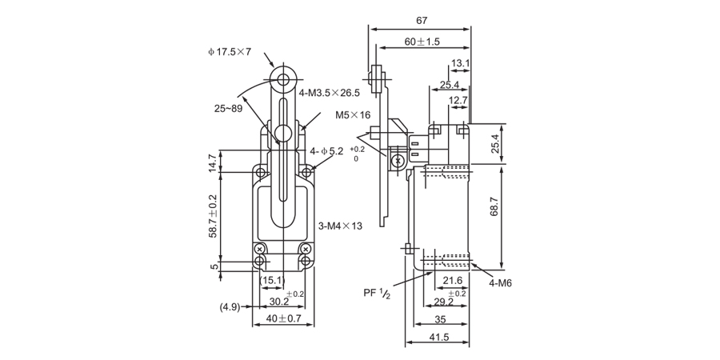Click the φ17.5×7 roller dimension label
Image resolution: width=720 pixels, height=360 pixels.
tap(229, 52)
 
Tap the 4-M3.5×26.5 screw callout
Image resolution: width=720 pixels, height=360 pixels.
tap(330, 93)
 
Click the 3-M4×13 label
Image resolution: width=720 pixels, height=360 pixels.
tap(340, 226)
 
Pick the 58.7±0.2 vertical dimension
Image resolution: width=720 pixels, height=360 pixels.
tap(214, 215)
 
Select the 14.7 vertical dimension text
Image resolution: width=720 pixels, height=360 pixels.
tap(214, 162)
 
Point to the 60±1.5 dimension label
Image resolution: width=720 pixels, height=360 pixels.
tap(422, 42)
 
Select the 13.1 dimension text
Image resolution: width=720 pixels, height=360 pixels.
tap(460, 63)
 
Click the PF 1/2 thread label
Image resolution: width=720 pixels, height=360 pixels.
tap(376, 293)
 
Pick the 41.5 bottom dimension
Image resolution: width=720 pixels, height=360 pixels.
tap(438, 338)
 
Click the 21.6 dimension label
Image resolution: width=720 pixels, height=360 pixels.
tap(453, 280)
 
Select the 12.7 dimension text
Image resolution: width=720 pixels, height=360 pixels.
tap(458, 100)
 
